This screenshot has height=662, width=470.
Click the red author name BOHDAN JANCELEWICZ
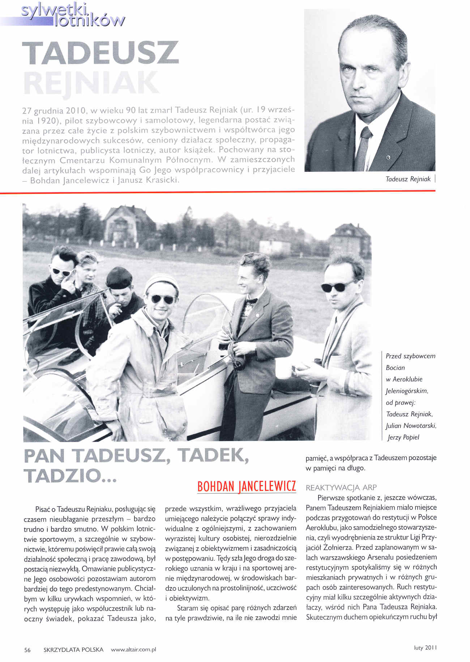pos(247,486)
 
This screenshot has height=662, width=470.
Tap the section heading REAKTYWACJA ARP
pos(341,488)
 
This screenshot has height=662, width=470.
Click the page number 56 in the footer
pos(27,650)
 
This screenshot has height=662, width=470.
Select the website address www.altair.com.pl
pos(133,650)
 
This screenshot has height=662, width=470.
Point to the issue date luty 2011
pos(426,648)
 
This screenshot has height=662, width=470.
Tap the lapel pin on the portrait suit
pos(388,157)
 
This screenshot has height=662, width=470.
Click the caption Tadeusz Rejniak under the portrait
pos(408,179)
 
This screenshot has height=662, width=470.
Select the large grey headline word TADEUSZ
pos(101,53)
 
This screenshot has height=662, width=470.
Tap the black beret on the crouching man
pos(119,277)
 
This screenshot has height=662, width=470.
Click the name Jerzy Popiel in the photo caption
pos(403,437)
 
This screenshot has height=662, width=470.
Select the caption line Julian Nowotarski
pos(411,426)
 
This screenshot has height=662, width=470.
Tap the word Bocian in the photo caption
pos(395,368)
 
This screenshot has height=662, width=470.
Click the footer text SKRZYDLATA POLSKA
pos(73,650)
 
